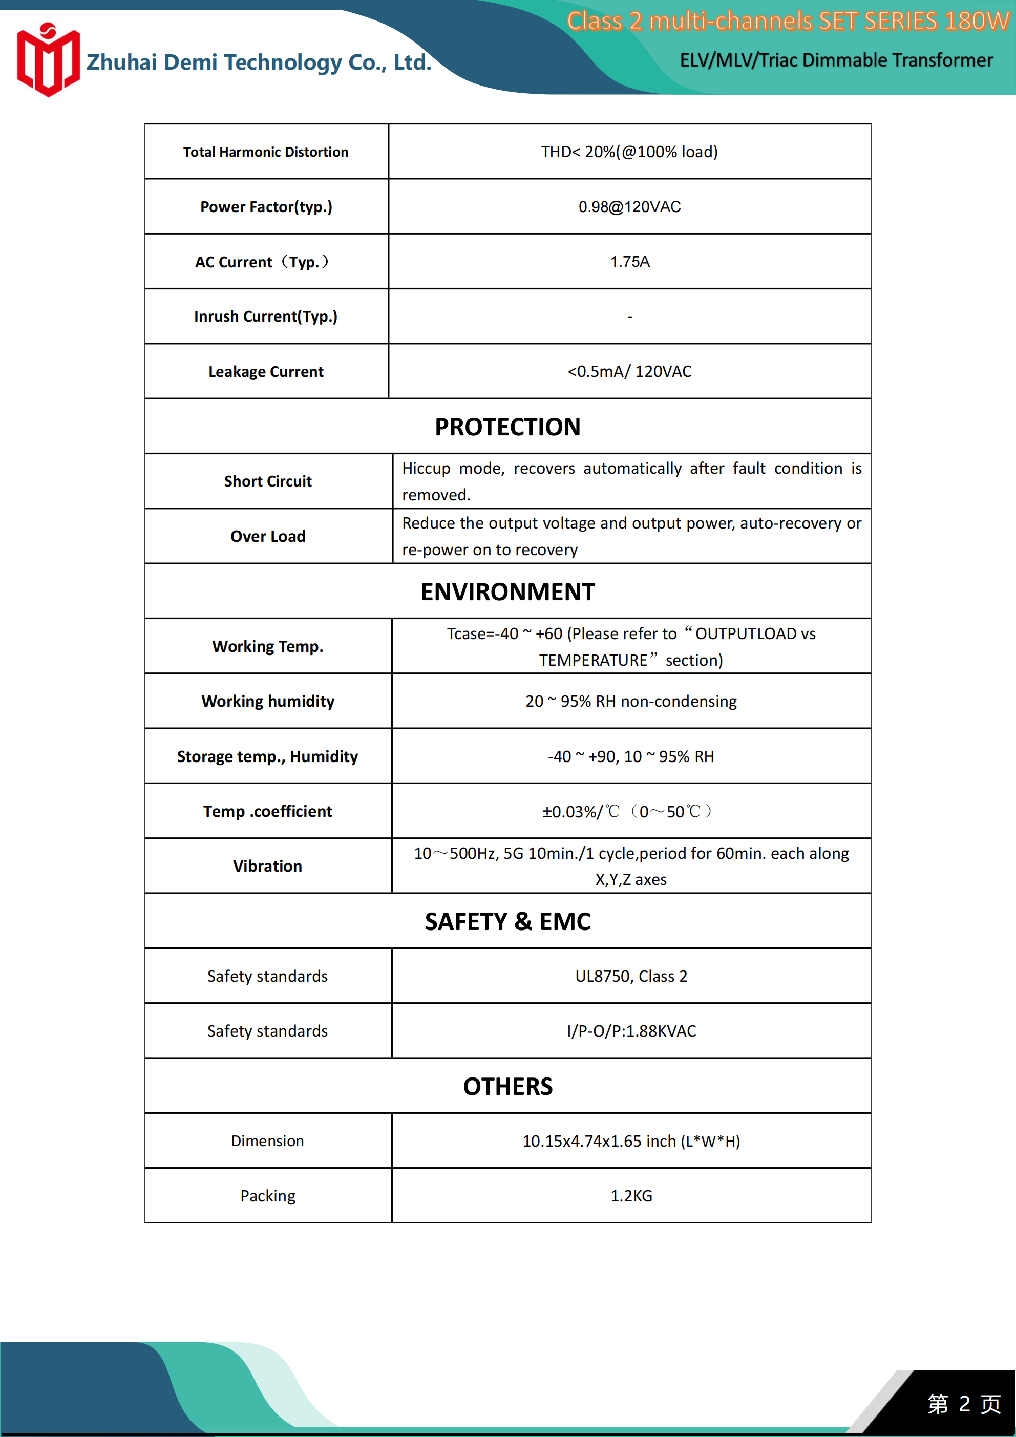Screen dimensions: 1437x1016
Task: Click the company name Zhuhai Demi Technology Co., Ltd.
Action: [259, 62]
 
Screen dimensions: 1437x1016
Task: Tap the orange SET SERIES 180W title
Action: [788, 22]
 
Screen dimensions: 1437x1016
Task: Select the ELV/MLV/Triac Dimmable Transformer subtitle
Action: [836, 60]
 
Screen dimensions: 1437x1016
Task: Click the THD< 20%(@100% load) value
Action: [629, 152]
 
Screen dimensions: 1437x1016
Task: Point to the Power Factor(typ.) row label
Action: [266, 207]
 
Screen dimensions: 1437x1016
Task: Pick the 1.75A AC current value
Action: [630, 262]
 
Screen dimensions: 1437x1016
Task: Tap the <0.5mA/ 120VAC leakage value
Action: [629, 372]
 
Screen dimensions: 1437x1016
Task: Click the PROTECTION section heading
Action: [507, 427]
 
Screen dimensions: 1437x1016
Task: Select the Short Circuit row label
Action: [268, 481]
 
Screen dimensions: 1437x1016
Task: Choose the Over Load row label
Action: [268, 536]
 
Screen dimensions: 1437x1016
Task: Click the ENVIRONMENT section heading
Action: [507, 592]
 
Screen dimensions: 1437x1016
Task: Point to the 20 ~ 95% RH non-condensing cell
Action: [631, 702]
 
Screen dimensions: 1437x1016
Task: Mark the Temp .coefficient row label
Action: [268, 812]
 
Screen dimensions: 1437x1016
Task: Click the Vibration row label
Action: [268, 866]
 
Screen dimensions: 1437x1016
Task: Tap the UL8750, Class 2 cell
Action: [631, 977]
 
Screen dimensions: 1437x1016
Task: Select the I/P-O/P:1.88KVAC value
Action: [631, 1031]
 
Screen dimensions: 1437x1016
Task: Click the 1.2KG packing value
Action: [631, 1196]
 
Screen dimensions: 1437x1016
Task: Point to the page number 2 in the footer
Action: [964, 1404]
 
